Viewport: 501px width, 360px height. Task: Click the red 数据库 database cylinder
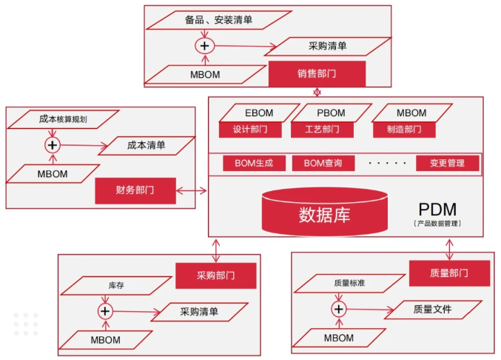click(325, 214)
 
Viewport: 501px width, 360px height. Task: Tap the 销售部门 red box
click(317, 74)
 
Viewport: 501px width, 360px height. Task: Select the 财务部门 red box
click(135, 190)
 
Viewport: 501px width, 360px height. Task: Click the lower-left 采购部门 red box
click(215, 276)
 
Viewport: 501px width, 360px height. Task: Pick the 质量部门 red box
click(449, 273)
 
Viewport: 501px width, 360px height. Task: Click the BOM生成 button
click(249, 163)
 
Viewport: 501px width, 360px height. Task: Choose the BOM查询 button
click(323, 163)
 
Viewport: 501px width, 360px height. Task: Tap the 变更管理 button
click(446, 163)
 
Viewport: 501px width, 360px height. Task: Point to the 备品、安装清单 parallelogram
click(218, 20)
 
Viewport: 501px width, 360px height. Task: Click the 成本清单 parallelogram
click(147, 146)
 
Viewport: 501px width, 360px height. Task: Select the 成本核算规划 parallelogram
click(64, 119)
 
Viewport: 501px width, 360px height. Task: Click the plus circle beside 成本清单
click(52, 144)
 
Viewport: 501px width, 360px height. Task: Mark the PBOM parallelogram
click(331, 113)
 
